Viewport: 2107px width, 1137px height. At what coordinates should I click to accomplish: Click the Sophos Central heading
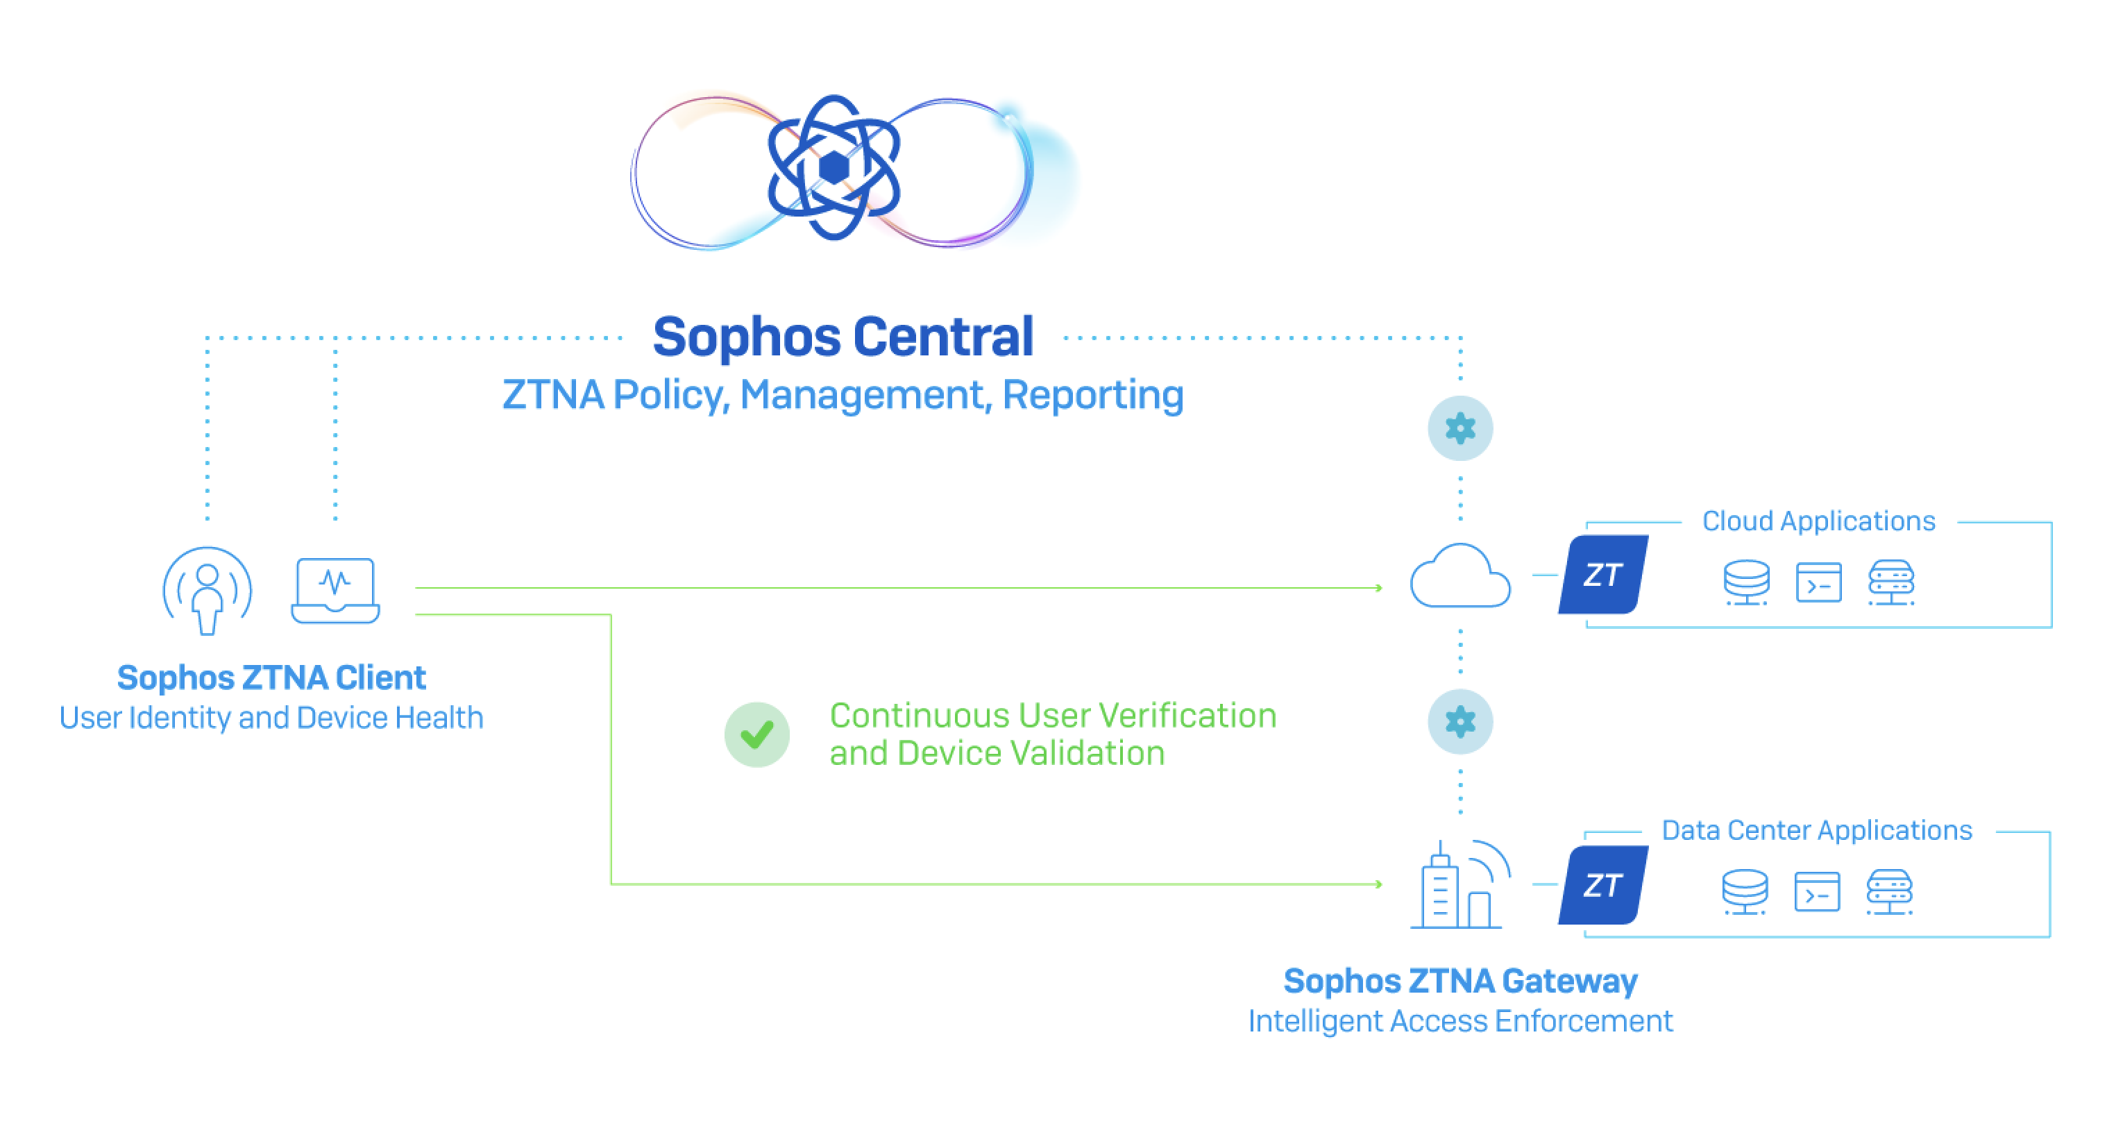pyautogui.click(x=843, y=337)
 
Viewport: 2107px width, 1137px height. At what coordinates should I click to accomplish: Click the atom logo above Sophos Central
pyautogui.click(x=834, y=168)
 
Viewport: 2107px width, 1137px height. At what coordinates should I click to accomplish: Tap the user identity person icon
pyautogui.click(x=207, y=591)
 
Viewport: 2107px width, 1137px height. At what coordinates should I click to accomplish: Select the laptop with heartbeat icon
pyautogui.click(x=335, y=591)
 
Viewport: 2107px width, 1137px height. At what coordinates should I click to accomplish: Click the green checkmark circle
pyautogui.click(x=756, y=734)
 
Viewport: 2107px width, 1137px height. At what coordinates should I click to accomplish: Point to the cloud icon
pyautogui.click(x=1460, y=576)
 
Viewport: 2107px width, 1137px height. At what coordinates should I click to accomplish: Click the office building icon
pyautogui.click(x=1460, y=884)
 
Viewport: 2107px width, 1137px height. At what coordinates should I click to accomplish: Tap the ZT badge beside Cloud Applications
pyautogui.click(x=1603, y=575)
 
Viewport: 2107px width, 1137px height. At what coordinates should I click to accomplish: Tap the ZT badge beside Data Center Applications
pyautogui.click(x=1603, y=885)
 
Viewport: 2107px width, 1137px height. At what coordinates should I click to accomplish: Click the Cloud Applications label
pyautogui.click(x=1818, y=521)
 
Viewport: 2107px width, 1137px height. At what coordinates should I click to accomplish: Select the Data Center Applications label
pyautogui.click(x=1817, y=830)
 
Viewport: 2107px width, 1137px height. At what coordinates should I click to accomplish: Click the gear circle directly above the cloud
pyautogui.click(x=1460, y=428)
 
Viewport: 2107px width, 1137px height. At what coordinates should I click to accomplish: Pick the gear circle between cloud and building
pyautogui.click(x=1460, y=721)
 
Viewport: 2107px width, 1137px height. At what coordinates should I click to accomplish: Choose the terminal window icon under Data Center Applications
pyautogui.click(x=1817, y=891)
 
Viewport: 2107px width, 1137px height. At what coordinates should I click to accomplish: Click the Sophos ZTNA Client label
pyautogui.click(x=271, y=678)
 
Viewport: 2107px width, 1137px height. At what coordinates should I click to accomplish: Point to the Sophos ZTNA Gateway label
pyautogui.click(x=1460, y=981)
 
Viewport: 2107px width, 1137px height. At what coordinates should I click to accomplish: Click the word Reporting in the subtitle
pyautogui.click(x=1093, y=395)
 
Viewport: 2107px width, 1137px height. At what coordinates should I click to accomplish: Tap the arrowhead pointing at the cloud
pyautogui.click(x=1378, y=587)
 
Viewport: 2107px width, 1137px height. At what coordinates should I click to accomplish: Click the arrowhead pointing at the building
pyautogui.click(x=1378, y=884)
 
